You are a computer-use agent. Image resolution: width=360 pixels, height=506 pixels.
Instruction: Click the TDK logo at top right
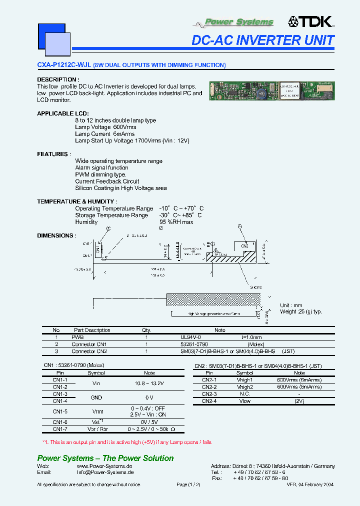[x=310, y=21]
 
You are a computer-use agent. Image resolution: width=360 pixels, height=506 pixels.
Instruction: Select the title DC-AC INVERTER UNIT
[x=263, y=40]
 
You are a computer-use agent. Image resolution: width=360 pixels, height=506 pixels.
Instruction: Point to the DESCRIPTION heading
[x=58, y=79]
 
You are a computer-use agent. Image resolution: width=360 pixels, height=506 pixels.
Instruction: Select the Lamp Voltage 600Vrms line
[x=102, y=127]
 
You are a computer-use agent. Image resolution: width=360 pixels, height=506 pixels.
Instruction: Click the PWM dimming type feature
[x=100, y=174]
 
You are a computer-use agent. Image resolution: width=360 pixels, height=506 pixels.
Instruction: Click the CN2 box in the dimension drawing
[x=244, y=246]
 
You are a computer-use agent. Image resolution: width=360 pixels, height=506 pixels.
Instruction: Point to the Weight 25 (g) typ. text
[x=300, y=312]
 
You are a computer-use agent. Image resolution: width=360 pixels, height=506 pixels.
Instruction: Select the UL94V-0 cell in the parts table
[x=190, y=337]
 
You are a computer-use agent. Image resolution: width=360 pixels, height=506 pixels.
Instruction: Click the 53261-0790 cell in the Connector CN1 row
[x=194, y=344]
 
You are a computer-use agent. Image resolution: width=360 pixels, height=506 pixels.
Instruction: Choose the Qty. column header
[x=146, y=330]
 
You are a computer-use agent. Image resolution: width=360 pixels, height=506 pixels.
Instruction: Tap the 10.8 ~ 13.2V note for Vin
[x=149, y=383]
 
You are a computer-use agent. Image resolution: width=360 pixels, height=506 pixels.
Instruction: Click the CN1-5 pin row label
[x=60, y=411]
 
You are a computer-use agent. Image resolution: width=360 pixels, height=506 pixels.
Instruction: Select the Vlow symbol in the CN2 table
[x=244, y=401]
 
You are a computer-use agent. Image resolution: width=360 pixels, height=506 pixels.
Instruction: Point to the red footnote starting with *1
[x=127, y=442]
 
